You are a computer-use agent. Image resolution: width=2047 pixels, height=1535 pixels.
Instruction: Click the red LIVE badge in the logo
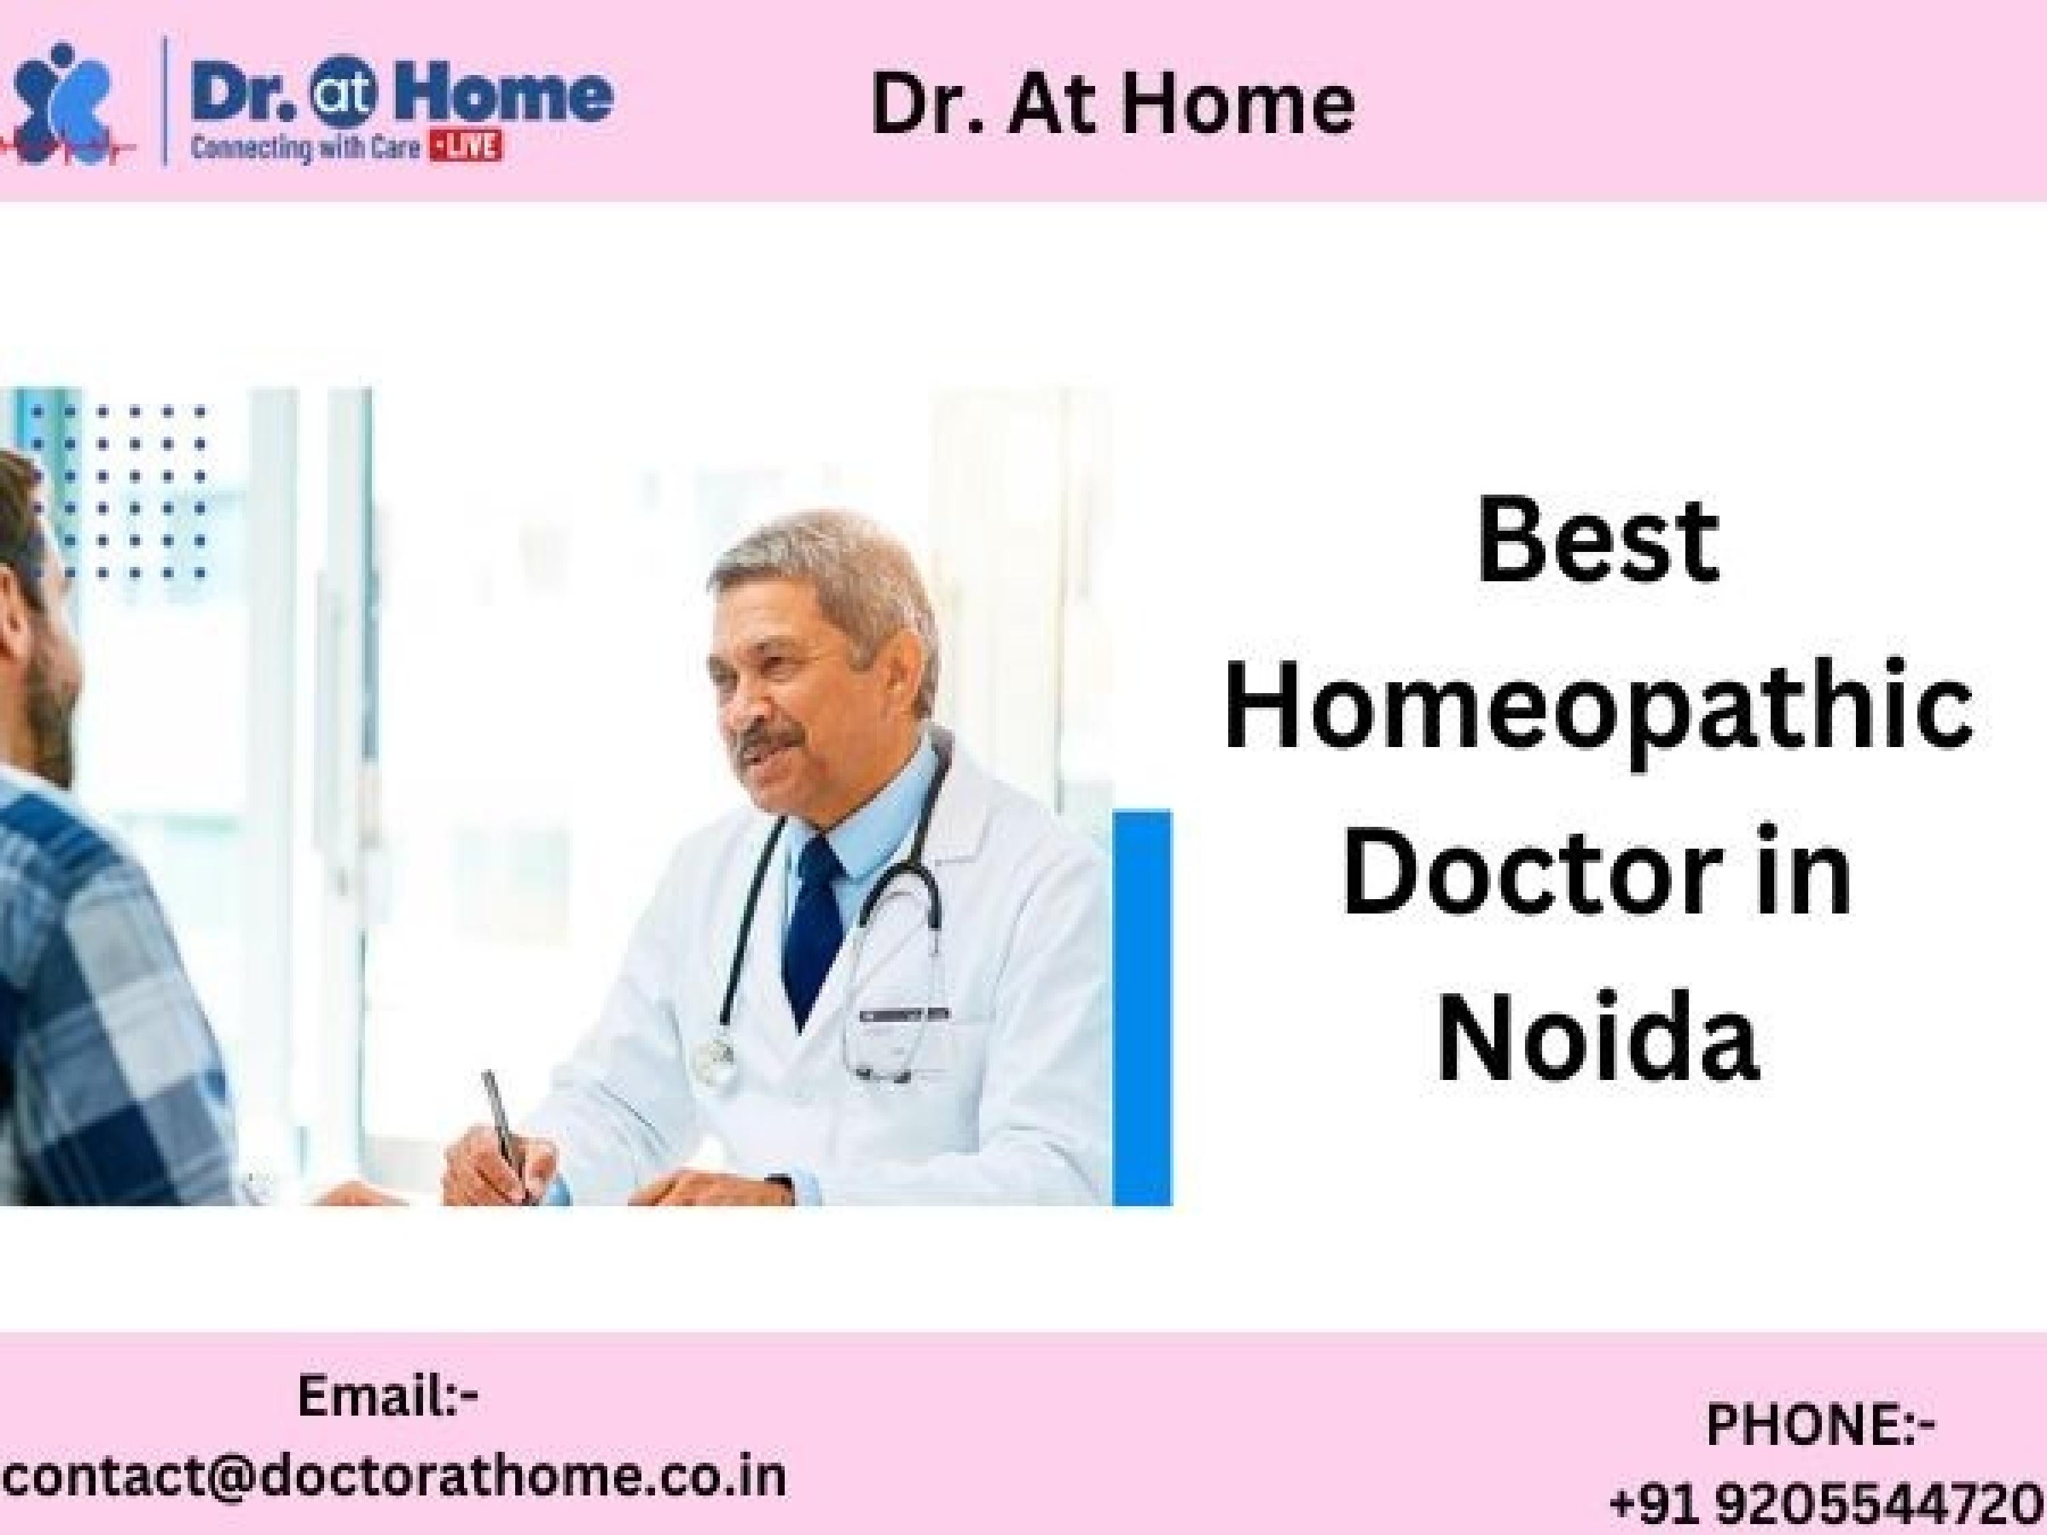465,147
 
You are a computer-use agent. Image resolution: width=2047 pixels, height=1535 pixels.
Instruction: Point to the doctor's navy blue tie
814,925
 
